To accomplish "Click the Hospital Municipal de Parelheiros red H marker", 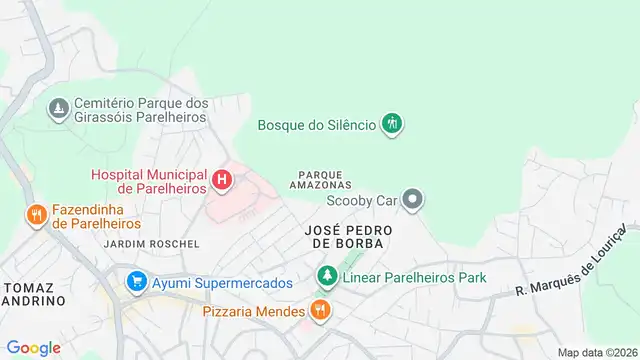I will [222, 181].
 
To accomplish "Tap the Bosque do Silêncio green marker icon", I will [394, 124].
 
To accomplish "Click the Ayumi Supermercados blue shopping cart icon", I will [136, 283].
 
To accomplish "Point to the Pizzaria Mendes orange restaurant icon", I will [320, 311].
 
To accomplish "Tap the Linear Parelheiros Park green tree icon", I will [326, 275].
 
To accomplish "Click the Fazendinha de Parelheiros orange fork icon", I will [36, 214].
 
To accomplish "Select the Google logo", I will [33, 347].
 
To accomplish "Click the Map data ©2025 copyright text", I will [597, 352].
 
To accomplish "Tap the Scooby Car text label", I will [362, 200].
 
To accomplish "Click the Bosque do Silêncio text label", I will [316, 125].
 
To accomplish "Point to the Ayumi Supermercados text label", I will [222, 283].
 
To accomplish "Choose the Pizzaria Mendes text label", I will [253, 311].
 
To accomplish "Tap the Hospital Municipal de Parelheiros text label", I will [150, 181].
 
